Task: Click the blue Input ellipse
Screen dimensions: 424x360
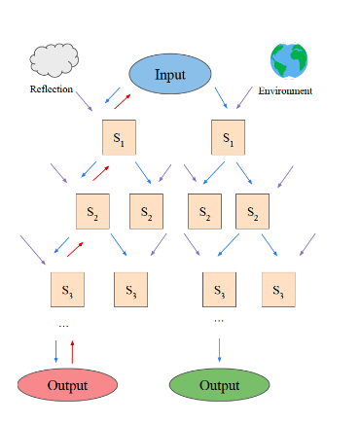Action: point(169,74)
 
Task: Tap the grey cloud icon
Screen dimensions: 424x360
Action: point(53,61)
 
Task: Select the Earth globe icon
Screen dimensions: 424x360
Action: point(289,60)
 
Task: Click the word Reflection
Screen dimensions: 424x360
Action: point(53,90)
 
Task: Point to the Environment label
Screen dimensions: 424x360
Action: point(285,91)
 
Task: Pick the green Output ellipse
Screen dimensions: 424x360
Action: point(219,385)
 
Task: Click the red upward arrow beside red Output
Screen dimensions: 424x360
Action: point(73,350)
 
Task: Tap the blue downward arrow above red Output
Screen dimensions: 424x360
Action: point(55,350)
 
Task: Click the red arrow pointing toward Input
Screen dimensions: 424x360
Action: point(123,100)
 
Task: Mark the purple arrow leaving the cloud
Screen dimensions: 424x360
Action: point(82,103)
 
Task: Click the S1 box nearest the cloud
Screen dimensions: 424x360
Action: point(119,138)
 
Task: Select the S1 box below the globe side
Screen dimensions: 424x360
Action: point(228,138)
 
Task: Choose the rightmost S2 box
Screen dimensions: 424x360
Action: point(252,212)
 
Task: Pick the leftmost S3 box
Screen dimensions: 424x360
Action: point(67,289)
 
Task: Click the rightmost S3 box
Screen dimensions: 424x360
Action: point(277,289)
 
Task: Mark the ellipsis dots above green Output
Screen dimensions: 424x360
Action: point(219,319)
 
